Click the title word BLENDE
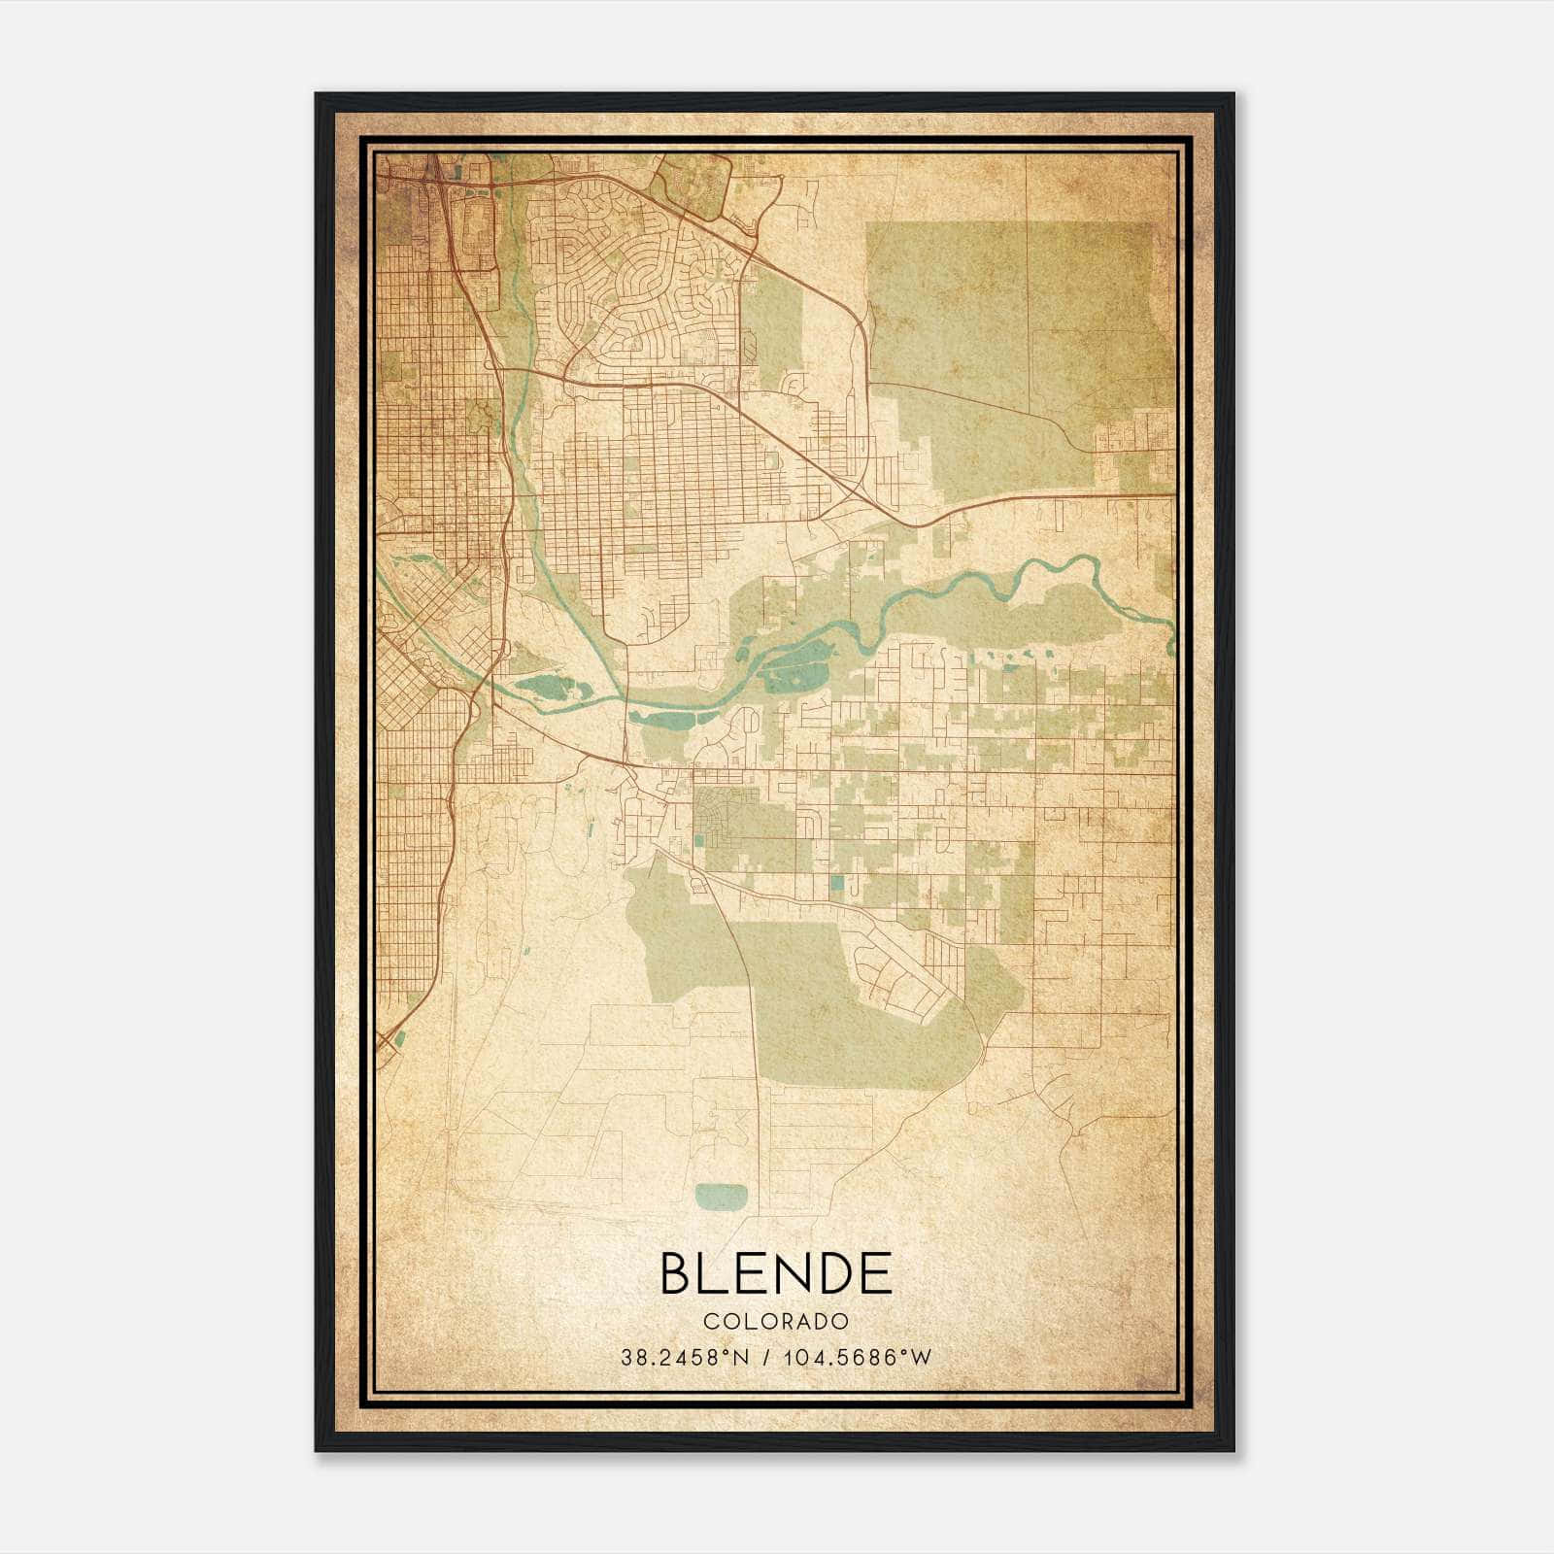tap(775, 1273)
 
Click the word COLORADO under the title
tap(775, 1322)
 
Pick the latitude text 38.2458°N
tap(685, 1358)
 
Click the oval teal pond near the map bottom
tap(723, 1197)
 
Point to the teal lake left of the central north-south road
tap(550, 691)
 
